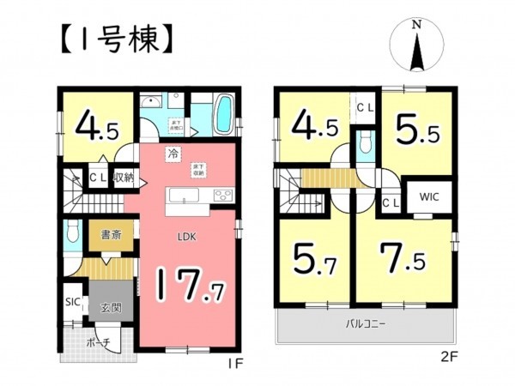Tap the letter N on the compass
click(x=416, y=26)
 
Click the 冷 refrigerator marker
click(x=173, y=154)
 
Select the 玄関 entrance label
click(x=111, y=307)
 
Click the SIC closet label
click(x=74, y=302)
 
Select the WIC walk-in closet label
click(x=429, y=196)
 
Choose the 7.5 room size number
click(x=403, y=257)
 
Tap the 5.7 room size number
click(x=314, y=257)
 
